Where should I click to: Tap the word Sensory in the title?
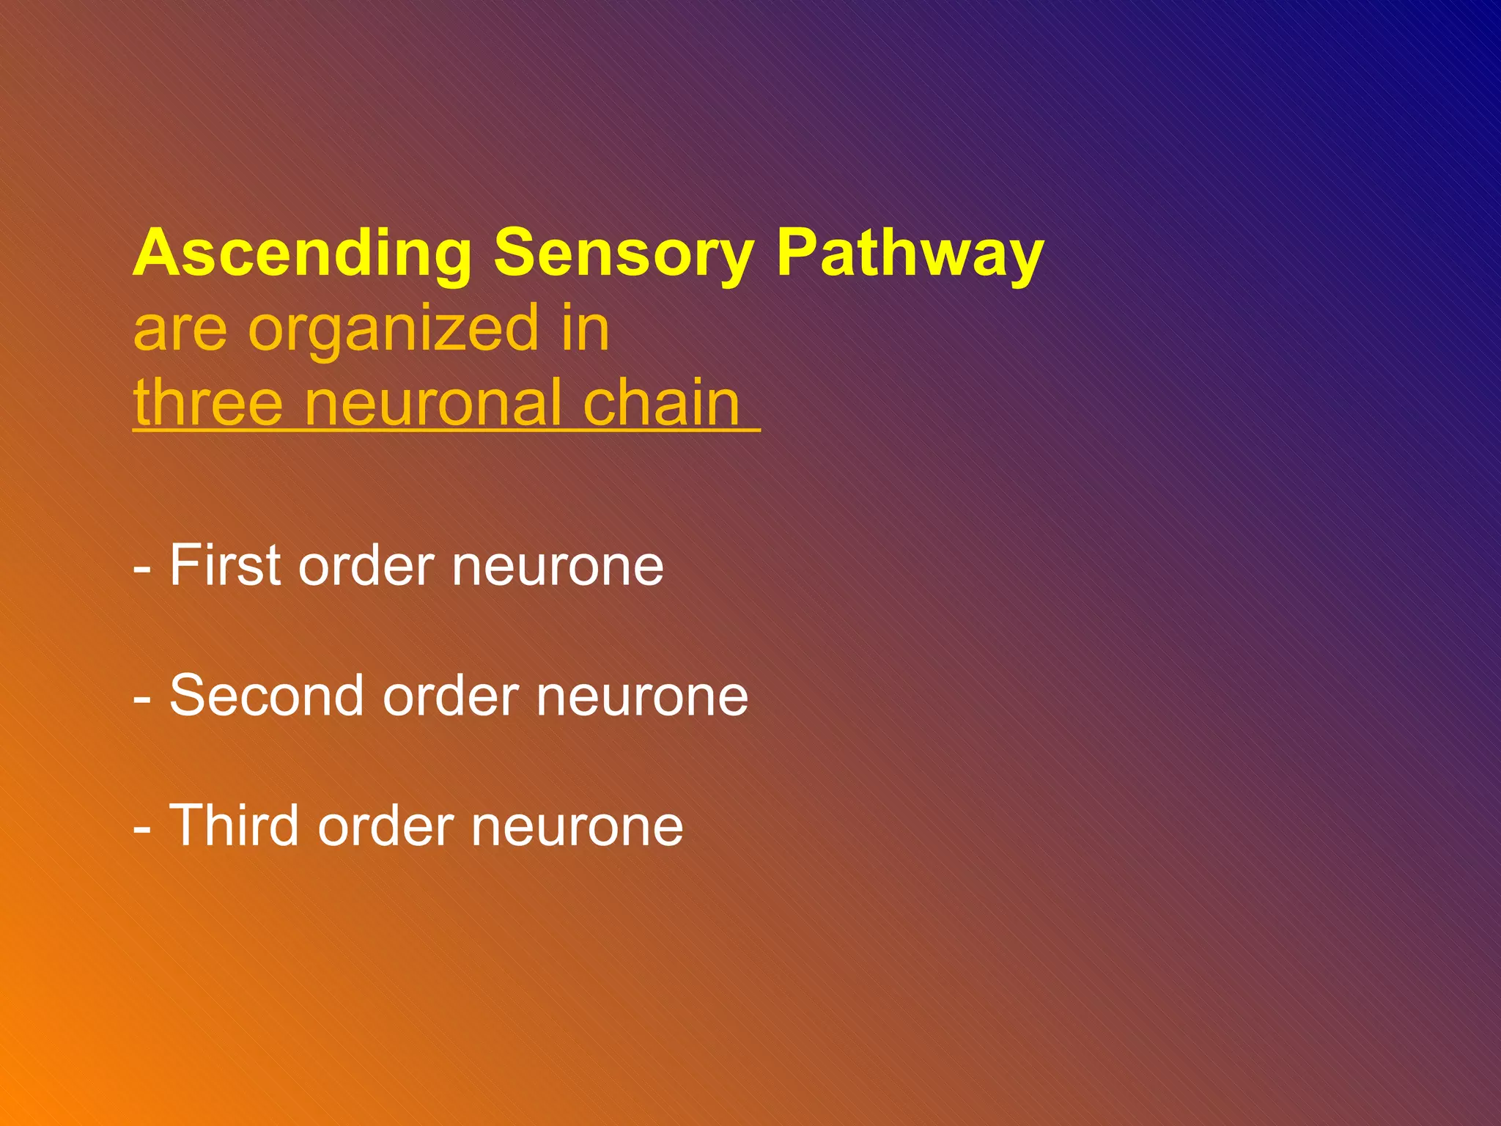[x=624, y=254]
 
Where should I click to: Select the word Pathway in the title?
[x=910, y=254]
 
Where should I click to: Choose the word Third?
[x=235, y=825]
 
